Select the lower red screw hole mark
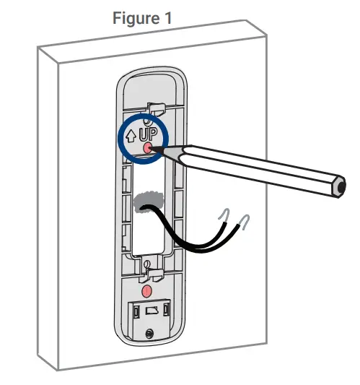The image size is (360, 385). [146, 290]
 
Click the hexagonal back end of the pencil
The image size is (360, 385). [335, 187]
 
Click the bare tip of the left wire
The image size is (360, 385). [227, 214]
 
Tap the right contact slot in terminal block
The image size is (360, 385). [167, 310]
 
